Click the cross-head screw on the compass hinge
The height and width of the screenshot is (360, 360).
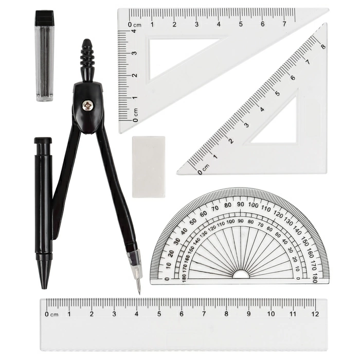(x=88, y=106)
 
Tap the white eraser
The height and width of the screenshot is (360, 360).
(x=149, y=167)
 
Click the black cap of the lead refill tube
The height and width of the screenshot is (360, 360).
(x=45, y=18)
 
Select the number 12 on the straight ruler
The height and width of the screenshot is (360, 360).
(x=315, y=314)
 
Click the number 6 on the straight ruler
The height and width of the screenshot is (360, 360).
(x=182, y=314)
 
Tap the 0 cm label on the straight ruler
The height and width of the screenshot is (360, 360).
(x=51, y=314)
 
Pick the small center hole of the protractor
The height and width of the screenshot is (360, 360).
(x=241, y=275)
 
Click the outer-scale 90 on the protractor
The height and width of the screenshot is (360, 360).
(x=240, y=204)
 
